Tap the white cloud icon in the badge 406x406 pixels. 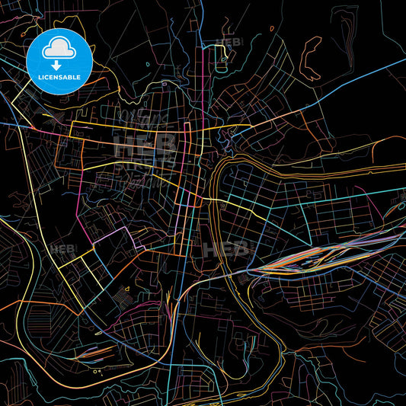click(59, 50)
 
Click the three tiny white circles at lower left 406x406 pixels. click(98, 371)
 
